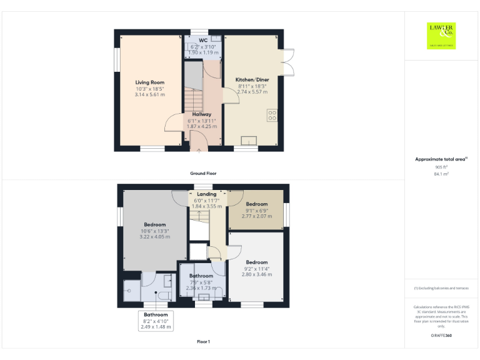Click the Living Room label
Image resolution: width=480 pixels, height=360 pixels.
click(x=149, y=82)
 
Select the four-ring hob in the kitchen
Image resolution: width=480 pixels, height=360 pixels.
click(x=272, y=115)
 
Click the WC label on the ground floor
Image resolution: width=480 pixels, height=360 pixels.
click(x=203, y=40)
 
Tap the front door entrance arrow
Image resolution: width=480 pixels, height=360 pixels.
click(x=199, y=149)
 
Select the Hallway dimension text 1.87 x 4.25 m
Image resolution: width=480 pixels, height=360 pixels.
click(x=202, y=126)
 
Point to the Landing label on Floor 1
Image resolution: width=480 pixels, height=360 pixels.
click(x=206, y=194)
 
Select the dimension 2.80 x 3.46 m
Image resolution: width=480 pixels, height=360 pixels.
click(x=256, y=274)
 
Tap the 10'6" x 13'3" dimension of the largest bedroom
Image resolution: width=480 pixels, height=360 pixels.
click(x=154, y=231)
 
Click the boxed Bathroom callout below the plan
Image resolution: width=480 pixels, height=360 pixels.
click(x=156, y=321)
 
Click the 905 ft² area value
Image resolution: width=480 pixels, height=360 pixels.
click(x=441, y=167)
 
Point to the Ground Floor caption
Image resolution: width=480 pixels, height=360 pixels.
click(x=203, y=173)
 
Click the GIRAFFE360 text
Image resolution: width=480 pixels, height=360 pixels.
click(x=441, y=336)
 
